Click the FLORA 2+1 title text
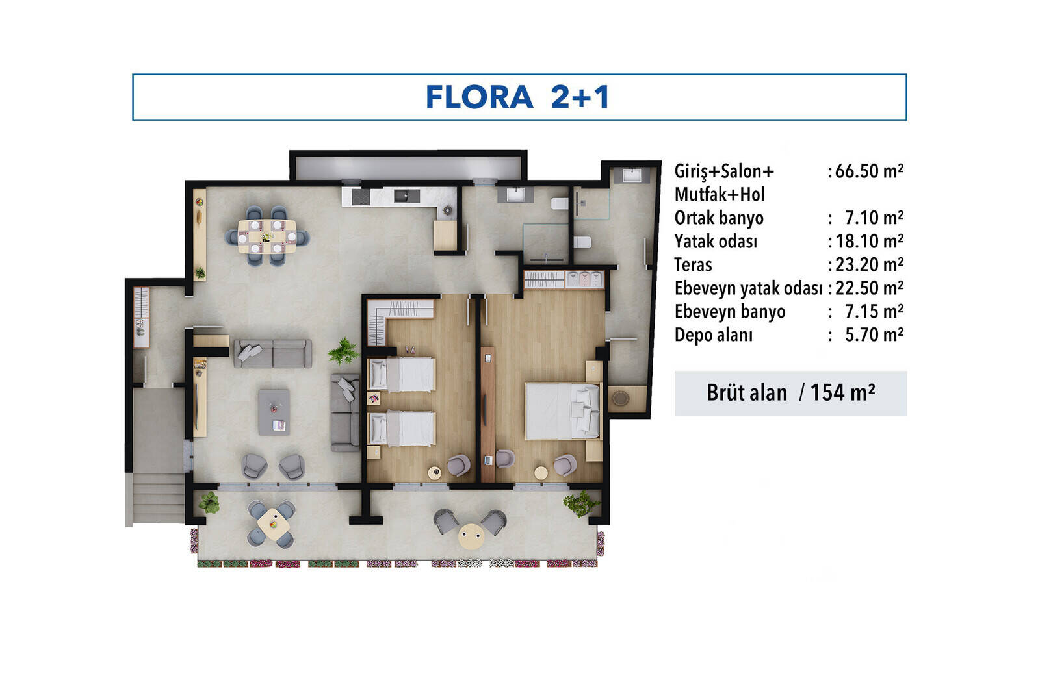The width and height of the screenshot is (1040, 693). click(517, 97)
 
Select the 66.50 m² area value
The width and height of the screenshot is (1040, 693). click(868, 171)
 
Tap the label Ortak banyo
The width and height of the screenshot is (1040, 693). click(719, 218)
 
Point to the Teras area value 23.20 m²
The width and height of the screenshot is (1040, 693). click(869, 265)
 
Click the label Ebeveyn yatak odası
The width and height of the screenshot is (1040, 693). click(748, 288)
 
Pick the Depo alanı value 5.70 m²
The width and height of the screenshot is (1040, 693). click(874, 335)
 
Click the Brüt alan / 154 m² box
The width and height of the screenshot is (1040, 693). click(790, 393)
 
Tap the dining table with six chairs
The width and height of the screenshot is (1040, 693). click(267, 236)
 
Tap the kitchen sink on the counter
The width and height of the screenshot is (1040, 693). click(407, 195)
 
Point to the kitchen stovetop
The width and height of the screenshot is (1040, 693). click(361, 197)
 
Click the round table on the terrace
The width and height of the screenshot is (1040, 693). click(471, 536)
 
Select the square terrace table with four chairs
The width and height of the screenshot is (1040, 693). click(274, 524)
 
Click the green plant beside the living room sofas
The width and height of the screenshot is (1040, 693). click(344, 351)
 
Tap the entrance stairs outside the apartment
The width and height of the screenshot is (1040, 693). click(155, 499)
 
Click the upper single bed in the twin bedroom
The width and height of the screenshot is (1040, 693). click(402, 374)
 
